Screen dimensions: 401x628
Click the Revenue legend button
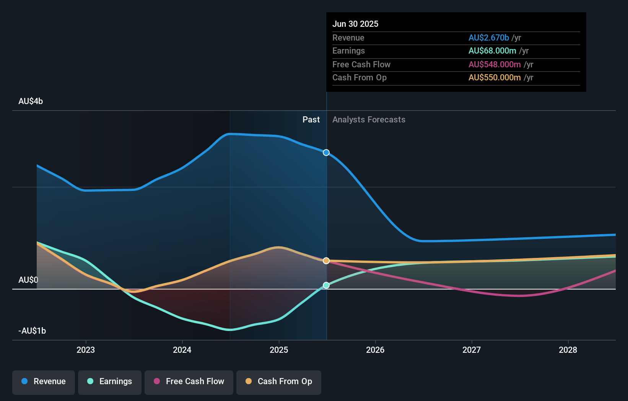(x=44, y=381)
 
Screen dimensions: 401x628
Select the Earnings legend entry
(x=110, y=381)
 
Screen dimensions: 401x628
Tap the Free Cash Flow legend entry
(x=189, y=381)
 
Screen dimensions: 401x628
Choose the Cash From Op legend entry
(x=279, y=381)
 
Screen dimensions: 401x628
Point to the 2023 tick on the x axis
(x=86, y=350)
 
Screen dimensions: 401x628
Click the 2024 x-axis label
(x=182, y=350)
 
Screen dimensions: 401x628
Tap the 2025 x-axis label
(x=279, y=350)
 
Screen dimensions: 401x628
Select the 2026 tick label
(x=375, y=350)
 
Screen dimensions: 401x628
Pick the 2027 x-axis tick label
(x=472, y=350)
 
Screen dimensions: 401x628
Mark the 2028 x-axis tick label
(x=568, y=350)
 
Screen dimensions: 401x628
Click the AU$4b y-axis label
(x=31, y=101)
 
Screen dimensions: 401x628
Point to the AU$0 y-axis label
(x=28, y=280)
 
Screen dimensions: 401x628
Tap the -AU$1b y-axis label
(x=32, y=331)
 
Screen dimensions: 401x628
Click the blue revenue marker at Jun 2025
(x=326, y=153)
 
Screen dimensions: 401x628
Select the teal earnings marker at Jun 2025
(x=326, y=285)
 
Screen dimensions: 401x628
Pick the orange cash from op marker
(x=326, y=261)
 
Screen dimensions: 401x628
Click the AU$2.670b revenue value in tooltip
(x=489, y=38)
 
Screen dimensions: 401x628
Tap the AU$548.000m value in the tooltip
(x=495, y=65)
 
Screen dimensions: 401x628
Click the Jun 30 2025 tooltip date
(x=355, y=24)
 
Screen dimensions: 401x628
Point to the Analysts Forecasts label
(x=369, y=120)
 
